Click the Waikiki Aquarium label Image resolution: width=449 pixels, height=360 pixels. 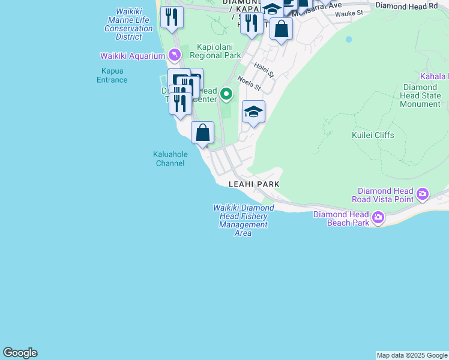[132, 56]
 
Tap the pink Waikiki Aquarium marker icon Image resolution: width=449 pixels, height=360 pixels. [174, 56]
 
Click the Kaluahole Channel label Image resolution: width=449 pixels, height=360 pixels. [170, 158]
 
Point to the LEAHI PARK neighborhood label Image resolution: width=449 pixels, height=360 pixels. [255, 184]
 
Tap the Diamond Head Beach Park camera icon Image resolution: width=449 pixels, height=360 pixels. [378, 218]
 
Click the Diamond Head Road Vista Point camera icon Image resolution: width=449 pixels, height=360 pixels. [423, 194]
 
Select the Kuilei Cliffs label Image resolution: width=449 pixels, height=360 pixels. [373, 135]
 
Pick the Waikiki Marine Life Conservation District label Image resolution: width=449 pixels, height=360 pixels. [128, 24]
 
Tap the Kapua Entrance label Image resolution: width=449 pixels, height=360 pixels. [112, 75]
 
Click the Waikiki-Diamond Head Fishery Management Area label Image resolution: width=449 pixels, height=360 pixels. [243, 220]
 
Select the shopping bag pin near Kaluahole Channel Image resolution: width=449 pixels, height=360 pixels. [203, 133]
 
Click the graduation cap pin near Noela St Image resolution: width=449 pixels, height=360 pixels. [253, 112]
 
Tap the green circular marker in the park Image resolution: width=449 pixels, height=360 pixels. [226, 94]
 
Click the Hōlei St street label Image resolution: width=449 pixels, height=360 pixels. [264, 70]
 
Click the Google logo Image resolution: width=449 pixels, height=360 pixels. [20, 353]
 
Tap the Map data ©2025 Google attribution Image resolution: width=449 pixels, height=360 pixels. [412, 355]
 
